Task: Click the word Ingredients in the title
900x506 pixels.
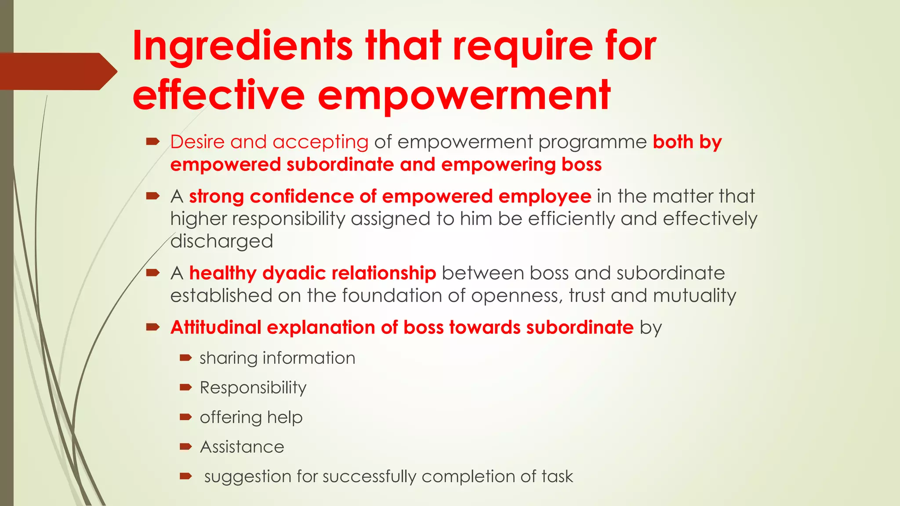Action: (x=242, y=46)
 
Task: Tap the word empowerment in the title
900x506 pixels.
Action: (x=464, y=96)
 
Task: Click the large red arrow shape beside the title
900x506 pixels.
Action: (x=57, y=71)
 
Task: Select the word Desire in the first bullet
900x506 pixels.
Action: (x=197, y=142)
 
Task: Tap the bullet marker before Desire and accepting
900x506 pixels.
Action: (x=152, y=141)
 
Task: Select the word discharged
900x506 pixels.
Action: (x=221, y=241)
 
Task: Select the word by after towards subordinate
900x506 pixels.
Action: (x=650, y=328)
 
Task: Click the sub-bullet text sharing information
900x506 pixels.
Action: (x=277, y=358)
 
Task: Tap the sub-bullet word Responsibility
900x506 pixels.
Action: (x=253, y=388)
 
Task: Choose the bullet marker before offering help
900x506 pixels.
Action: (x=185, y=417)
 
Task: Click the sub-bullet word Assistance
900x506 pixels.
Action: (x=242, y=447)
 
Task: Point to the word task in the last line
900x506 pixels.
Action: (x=557, y=477)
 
